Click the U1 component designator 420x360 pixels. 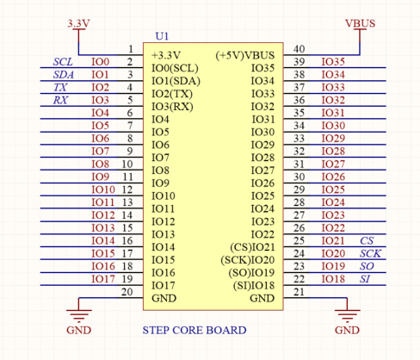162,36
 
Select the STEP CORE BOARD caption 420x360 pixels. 195,330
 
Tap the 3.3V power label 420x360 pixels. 78,23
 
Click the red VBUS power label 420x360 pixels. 360,23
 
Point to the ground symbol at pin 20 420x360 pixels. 79,316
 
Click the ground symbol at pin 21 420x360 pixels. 347,316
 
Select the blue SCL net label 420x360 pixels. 63,62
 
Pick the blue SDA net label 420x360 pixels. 64,75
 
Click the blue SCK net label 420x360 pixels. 370,253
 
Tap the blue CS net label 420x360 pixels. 367,240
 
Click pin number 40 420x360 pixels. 299,49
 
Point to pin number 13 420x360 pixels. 127,202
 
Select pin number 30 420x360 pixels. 299,177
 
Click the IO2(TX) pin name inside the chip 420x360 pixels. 172,94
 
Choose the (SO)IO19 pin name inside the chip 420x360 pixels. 251,273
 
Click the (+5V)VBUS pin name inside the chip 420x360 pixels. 245,55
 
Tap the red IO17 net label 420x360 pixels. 103,279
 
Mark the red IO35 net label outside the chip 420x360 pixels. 333,62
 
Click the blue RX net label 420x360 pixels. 60,100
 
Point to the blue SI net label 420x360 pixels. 365,279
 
